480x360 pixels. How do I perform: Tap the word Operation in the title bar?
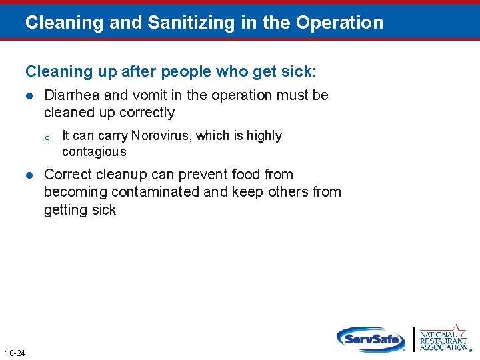coord(340,23)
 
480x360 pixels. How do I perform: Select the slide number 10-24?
coord(14,353)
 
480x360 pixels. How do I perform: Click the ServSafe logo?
coord(371,339)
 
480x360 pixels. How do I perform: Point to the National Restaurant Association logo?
coord(443,339)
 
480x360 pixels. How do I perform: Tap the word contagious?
coord(94,152)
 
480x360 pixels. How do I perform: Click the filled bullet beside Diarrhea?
coord(29,96)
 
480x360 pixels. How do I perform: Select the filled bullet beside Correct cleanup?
coord(29,175)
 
